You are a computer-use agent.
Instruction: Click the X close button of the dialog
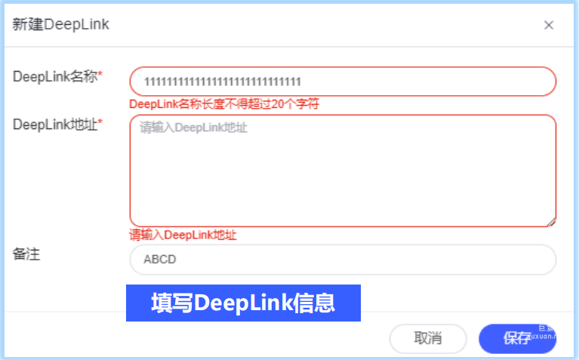click(x=549, y=25)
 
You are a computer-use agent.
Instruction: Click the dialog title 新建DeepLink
click(x=61, y=24)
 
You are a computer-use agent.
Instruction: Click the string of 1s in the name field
click(x=223, y=82)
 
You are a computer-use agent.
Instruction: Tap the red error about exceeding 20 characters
click(x=224, y=104)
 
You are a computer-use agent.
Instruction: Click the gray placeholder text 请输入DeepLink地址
click(x=193, y=128)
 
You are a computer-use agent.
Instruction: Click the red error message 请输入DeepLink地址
click(x=183, y=235)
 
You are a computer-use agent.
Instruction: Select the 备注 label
click(x=26, y=254)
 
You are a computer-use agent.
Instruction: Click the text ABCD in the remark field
click(x=159, y=260)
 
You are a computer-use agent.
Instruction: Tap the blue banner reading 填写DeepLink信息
click(x=243, y=303)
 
